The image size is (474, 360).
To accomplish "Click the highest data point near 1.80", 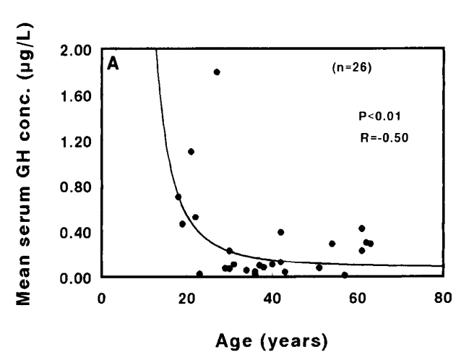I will tap(217, 72).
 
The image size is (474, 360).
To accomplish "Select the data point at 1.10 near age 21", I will tap(191, 151).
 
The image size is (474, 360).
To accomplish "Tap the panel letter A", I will tap(113, 64).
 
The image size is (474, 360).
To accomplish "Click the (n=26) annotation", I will tap(350, 69).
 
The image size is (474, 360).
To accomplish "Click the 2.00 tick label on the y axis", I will tap(76, 50).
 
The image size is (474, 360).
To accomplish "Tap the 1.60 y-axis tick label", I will tap(76, 95).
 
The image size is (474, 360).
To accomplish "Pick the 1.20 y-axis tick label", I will tap(76, 141).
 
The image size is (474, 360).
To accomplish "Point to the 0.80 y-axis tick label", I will tap(76, 187).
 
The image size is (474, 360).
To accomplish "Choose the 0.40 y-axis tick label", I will tap(76, 232).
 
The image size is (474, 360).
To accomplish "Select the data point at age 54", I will tap(332, 244).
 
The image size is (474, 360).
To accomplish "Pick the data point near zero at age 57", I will tap(345, 275).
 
